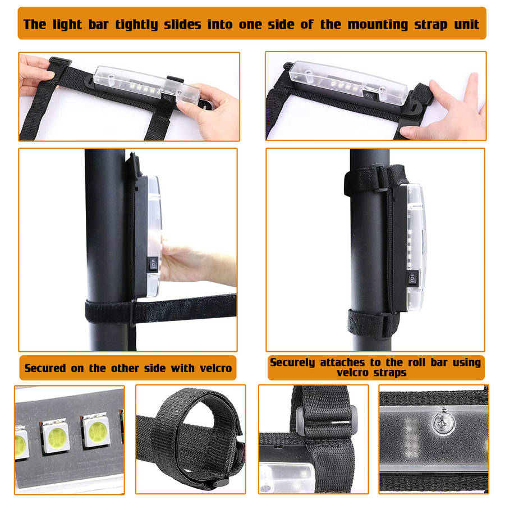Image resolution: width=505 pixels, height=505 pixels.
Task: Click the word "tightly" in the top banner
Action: point(136,25)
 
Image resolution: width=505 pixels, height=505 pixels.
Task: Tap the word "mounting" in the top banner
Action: point(378,25)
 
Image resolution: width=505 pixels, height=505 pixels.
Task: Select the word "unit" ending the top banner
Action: point(467,25)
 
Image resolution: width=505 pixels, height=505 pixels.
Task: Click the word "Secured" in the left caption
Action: point(45,368)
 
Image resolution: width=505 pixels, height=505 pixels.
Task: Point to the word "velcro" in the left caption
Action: point(215,368)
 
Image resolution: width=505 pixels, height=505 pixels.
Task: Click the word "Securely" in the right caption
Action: point(292,362)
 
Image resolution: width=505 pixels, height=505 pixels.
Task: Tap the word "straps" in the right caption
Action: point(390,373)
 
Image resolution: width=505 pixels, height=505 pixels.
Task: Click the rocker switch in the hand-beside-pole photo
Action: point(153,264)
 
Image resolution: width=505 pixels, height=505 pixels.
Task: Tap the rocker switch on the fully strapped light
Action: point(413,278)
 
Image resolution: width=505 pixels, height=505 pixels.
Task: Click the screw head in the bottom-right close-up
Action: point(443,422)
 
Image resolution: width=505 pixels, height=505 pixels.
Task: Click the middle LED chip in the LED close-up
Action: point(56,436)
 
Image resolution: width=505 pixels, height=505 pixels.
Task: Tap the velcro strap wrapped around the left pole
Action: point(160,309)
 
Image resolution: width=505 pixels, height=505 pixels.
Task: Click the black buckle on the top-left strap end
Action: point(60,62)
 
